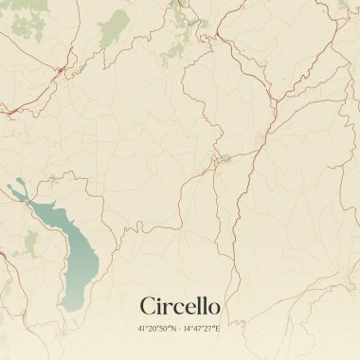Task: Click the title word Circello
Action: click(x=180, y=306)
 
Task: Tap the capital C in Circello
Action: click(x=148, y=306)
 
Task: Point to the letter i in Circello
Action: click(x=160, y=305)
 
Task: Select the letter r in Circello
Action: click(x=169, y=308)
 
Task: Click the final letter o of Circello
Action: click(x=214, y=308)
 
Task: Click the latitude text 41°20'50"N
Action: click(x=155, y=329)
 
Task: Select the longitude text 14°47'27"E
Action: click(x=202, y=329)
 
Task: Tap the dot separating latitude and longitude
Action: click(x=179, y=329)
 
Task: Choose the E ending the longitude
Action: click(x=218, y=329)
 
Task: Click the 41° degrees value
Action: click(x=143, y=329)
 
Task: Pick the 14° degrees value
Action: click(x=189, y=329)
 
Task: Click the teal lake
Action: click(x=76, y=261)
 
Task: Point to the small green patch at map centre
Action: click(x=225, y=158)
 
